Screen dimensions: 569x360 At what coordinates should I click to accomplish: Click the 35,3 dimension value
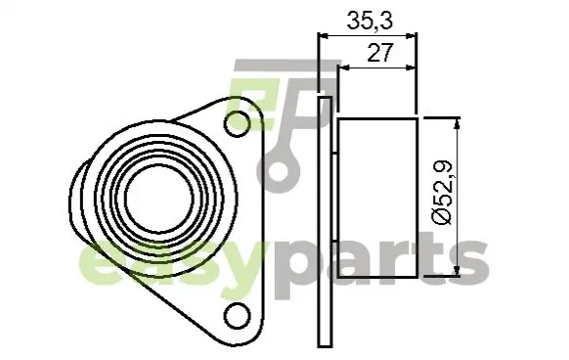click(x=370, y=21)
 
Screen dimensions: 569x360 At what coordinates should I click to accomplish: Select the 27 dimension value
click(x=380, y=52)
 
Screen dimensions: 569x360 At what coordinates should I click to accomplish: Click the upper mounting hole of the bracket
click(x=238, y=123)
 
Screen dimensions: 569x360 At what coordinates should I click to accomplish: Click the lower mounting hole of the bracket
click(x=238, y=316)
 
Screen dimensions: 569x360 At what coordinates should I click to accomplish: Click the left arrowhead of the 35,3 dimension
click(x=323, y=35)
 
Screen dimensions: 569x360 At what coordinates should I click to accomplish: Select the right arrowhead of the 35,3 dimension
click(x=412, y=35)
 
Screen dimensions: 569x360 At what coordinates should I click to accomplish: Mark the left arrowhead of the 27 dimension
click(x=344, y=67)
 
